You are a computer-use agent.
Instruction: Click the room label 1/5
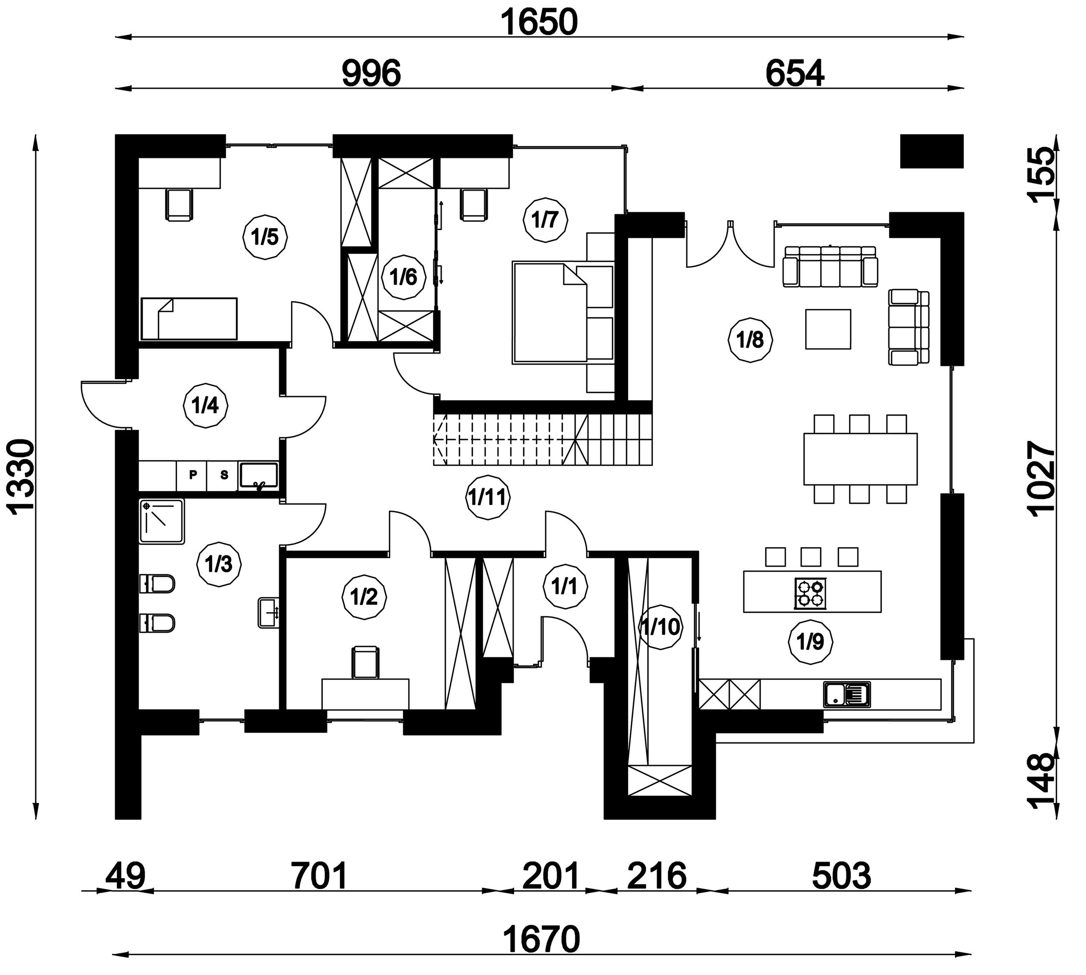click(265, 237)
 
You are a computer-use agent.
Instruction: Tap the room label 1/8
click(751, 340)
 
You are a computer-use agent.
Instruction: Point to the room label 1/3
click(219, 564)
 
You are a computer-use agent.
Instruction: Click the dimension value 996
click(371, 73)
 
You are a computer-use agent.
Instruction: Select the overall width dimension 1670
click(541, 940)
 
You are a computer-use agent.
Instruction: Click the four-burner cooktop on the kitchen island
click(810, 593)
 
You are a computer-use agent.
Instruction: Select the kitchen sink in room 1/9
click(847, 694)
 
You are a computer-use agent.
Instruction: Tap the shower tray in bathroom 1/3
click(162, 521)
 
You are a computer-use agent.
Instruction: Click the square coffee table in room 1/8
click(828, 329)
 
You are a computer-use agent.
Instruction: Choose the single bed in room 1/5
click(188, 319)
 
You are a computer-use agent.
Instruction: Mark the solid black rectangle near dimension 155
click(932, 151)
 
